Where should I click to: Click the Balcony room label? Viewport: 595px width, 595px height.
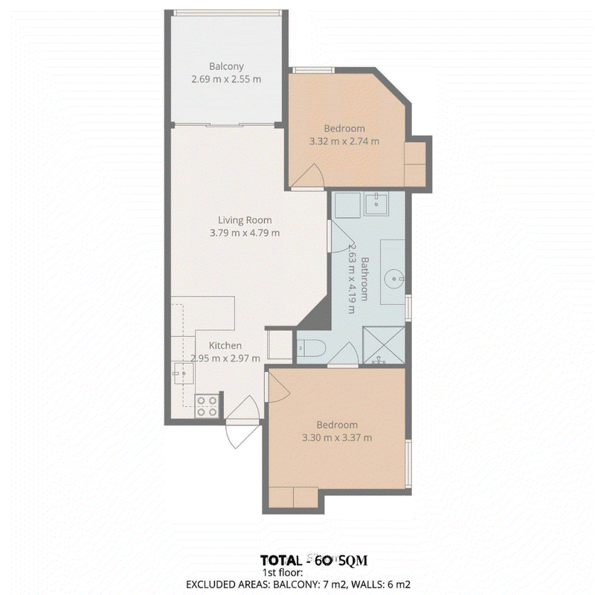(226, 66)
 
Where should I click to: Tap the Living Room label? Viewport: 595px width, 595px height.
(245, 220)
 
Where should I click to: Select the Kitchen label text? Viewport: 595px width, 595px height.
(225, 345)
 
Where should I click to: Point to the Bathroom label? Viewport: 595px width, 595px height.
(364, 279)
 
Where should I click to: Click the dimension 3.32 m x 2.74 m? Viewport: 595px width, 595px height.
(344, 141)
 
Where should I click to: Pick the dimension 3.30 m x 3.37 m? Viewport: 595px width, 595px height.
(337, 437)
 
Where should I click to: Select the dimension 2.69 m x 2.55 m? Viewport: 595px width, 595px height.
(226, 80)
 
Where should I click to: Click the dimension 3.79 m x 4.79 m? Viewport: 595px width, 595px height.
(245, 233)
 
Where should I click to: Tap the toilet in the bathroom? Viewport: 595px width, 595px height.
(311, 348)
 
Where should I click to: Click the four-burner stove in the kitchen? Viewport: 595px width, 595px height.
(208, 406)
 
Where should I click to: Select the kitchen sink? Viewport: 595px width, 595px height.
(183, 373)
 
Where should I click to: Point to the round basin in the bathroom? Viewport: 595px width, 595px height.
(394, 279)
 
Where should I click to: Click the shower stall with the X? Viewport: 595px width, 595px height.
(384, 345)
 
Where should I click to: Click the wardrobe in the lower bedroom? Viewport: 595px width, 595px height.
(293, 497)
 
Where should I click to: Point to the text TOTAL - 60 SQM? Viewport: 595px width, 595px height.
(314, 561)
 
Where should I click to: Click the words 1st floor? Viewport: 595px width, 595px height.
(283, 573)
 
